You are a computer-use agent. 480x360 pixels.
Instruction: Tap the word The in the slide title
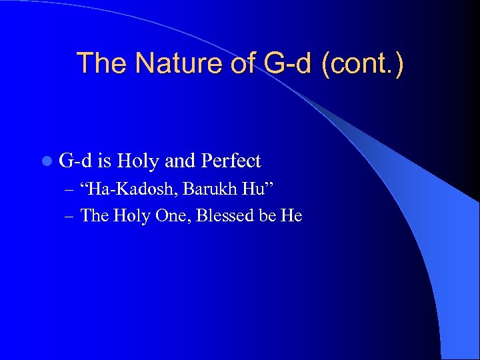100,64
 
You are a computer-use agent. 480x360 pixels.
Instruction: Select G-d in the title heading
287,64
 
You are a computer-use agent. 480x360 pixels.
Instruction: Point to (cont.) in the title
363,64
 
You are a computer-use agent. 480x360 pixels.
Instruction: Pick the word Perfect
231,161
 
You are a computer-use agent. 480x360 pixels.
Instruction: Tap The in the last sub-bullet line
94,215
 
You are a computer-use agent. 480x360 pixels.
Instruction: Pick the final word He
291,215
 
